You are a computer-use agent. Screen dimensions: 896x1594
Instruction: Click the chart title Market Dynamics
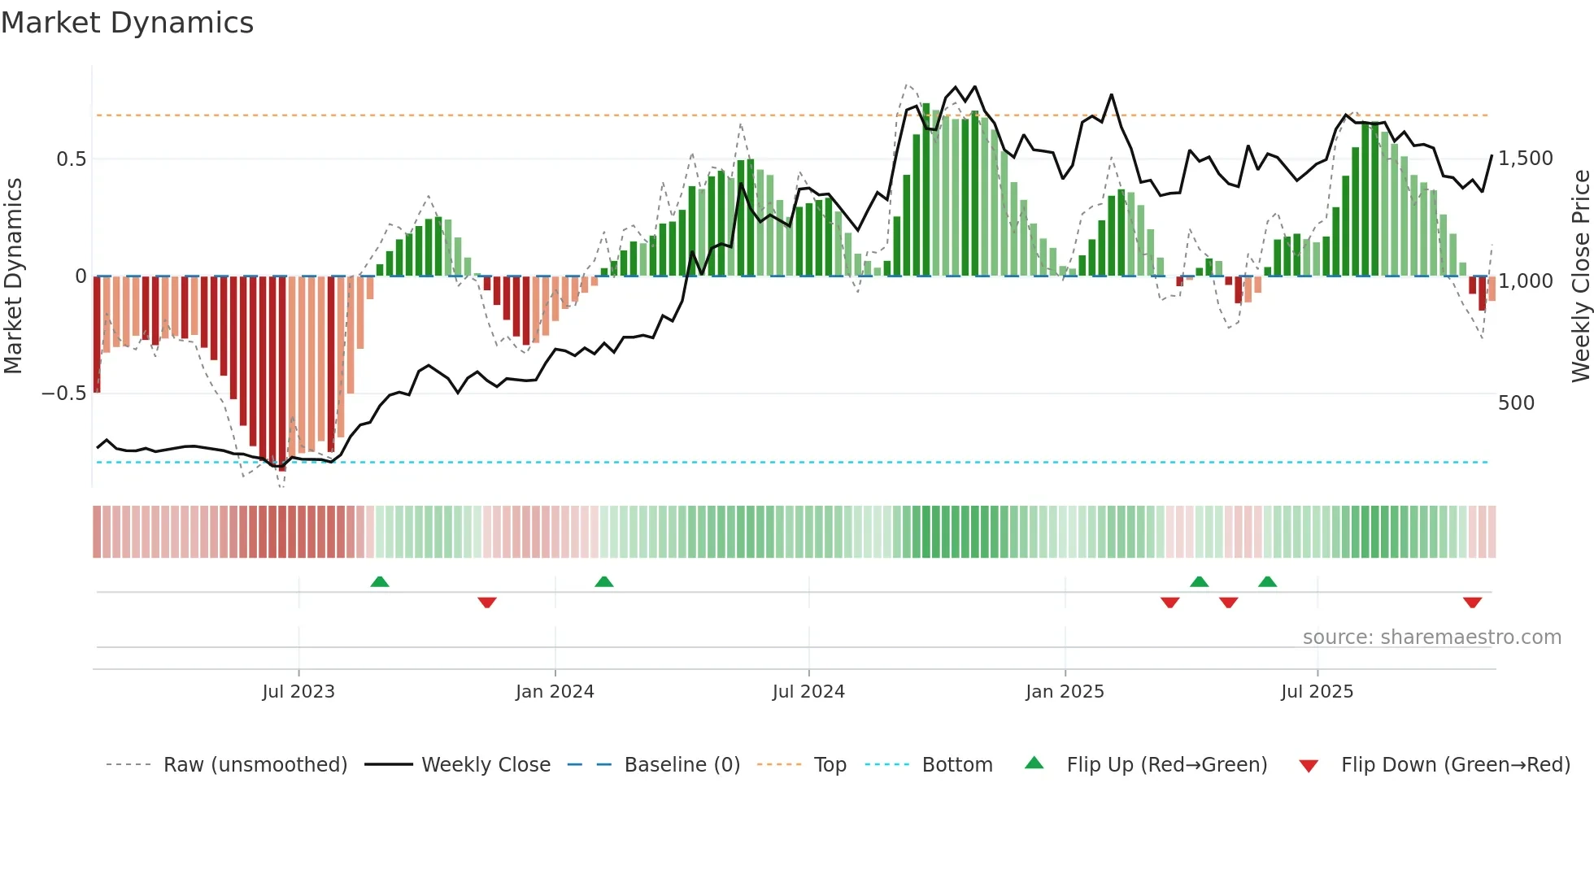(127, 23)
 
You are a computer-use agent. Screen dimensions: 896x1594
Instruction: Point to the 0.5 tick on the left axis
(71, 159)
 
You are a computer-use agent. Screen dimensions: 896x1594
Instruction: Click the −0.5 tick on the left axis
(63, 394)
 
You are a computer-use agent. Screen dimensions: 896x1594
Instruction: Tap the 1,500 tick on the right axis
(1525, 159)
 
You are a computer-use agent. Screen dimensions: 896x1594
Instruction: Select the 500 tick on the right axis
(1515, 403)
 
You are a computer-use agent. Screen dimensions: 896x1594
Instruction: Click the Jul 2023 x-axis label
(298, 692)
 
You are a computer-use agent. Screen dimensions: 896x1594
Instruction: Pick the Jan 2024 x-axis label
(555, 692)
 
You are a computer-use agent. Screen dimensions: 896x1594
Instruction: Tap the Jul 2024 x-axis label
(808, 692)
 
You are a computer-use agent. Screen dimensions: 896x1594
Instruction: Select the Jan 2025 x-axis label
(1065, 692)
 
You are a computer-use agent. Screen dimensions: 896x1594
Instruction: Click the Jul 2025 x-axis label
(1317, 692)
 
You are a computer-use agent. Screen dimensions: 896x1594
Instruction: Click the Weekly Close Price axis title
(1580, 276)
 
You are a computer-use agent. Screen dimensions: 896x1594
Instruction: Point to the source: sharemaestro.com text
(1431, 637)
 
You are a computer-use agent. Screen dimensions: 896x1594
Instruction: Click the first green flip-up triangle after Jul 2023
(380, 581)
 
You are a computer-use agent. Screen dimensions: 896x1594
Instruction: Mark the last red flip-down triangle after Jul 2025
(1472, 602)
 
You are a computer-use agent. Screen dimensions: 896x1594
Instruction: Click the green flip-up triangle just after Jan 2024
(603, 581)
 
